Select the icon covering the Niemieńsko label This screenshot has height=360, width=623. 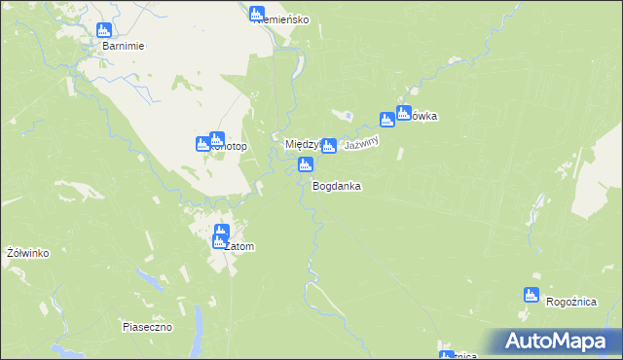[257, 15]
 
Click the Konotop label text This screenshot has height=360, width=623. [230, 147]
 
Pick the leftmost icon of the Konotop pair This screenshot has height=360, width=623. [203, 144]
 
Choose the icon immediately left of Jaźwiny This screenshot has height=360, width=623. [330, 146]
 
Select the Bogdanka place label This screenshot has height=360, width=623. [337, 185]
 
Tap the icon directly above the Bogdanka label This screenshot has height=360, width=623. [306, 165]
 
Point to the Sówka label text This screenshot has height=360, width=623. [422, 117]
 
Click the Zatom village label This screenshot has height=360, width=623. [238, 247]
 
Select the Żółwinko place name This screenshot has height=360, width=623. [27, 253]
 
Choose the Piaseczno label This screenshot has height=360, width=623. [147, 327]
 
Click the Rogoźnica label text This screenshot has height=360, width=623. [571, 303]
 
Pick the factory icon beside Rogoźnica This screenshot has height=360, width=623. [531, 295]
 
